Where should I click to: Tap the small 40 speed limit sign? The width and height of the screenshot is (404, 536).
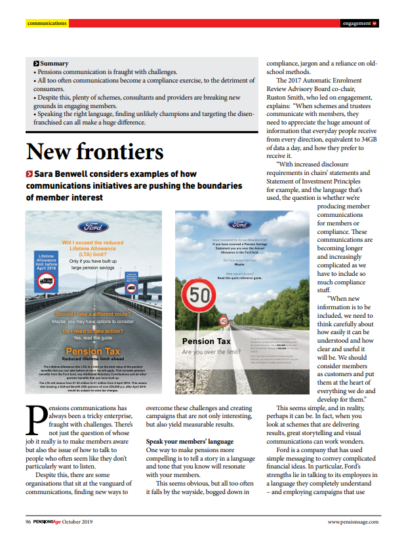point(224,321)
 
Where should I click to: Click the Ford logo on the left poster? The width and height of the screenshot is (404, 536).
point(93,227)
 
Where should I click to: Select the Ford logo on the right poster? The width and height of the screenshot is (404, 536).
point(240,224)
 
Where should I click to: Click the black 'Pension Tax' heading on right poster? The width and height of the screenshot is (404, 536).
point(206,341)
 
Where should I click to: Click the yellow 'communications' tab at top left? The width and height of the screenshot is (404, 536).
point(47,23)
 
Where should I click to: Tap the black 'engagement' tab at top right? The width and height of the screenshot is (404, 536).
point(359,23)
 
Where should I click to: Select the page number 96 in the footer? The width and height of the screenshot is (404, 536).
point(28,522)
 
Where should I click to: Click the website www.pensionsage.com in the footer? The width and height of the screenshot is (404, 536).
point(353,522)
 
